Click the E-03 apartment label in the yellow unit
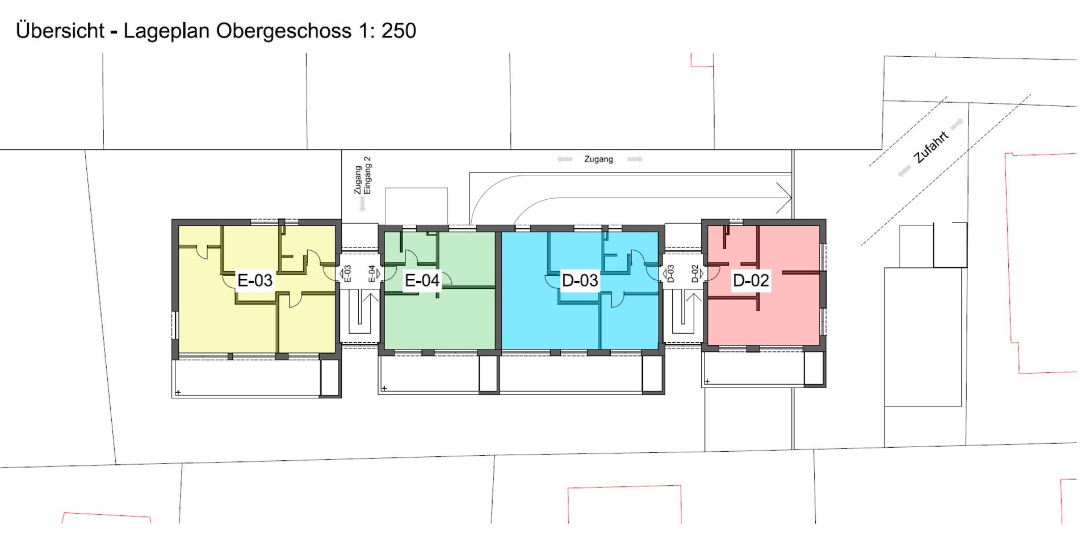[x=255, y=280]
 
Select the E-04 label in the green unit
[x=422, y=280]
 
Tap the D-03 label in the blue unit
[x=580, y=280]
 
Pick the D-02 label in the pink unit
[x=751, y=280]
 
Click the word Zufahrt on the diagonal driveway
[x=931, y=147]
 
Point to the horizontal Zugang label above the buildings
[x=598, y=159]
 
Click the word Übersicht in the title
[x=60, y=31]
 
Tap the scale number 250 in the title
[x=399, y=31]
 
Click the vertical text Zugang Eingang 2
[x=362, y=175]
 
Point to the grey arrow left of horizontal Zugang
[x=565, y=159]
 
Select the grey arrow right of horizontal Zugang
[x=635, y=159]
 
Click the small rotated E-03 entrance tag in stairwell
[x=347, y=274]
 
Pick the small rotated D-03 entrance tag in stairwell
[x=670, y=274]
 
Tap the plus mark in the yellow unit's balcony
[x=178, y=392]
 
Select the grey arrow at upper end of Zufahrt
[x=957, y=123]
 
